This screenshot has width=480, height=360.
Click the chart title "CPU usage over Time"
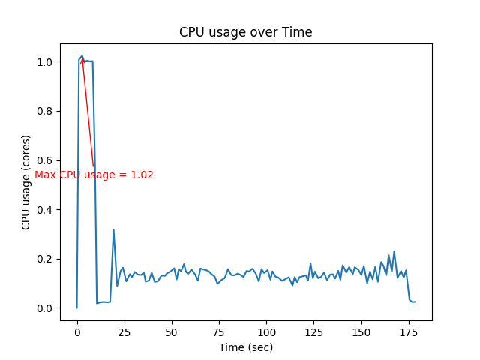246,32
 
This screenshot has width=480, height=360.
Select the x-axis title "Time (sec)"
246,347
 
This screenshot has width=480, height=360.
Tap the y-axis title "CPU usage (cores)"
26,182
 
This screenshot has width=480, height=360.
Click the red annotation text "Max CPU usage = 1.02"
94,175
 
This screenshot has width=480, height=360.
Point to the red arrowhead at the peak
82,60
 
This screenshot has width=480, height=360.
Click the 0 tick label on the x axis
76,331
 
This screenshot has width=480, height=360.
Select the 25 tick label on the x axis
124,331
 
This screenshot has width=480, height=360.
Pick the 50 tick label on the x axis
172,331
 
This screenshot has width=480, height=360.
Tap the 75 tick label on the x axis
219,331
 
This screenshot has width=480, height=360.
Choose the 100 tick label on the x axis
266,331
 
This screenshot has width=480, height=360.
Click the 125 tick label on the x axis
313,331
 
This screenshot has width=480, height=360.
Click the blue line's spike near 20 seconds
113,230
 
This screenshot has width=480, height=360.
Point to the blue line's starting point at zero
76,307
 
